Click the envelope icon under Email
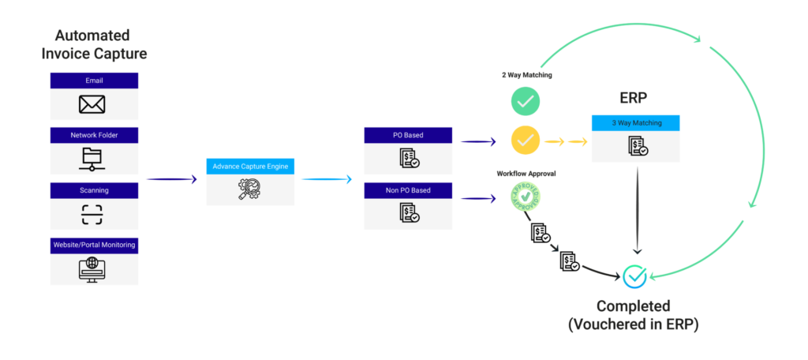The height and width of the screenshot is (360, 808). pos(94,104)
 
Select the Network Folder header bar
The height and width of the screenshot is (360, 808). pos(94,134)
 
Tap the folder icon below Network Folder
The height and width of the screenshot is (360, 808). pos(94,159)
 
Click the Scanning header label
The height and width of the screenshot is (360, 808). pos(94,189)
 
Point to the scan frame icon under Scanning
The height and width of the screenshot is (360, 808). pos(94,214)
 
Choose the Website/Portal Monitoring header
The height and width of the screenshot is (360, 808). pos(94,245)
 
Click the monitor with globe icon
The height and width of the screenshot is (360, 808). pos(94,269)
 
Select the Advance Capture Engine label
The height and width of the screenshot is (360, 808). pos(250,166)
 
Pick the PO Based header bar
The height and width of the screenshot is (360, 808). pos(408,135)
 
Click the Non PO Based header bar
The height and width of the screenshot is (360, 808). pos(408,190)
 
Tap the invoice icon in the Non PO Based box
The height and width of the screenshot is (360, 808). pos(409,214)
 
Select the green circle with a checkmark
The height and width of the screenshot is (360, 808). pos(525,100)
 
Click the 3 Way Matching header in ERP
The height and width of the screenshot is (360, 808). pos(636,123)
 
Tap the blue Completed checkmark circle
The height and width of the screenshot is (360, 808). pos(634,276)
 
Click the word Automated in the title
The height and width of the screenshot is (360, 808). pos(92,36)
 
